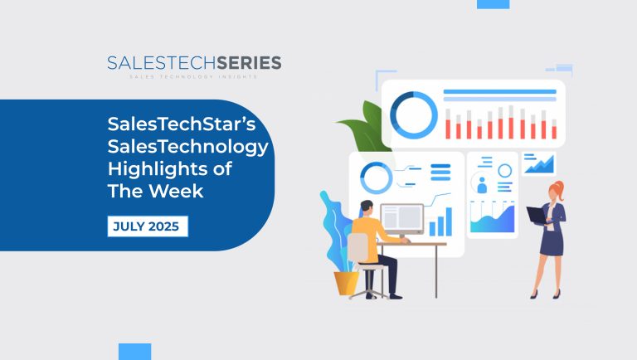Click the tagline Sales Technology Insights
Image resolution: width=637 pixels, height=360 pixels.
pos(194,76)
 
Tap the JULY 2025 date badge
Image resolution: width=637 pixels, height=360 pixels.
pos(148,225)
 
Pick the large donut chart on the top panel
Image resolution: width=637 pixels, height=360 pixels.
pos(413,114)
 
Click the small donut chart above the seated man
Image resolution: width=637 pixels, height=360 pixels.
pos(376,177)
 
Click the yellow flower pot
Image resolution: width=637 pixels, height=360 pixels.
pos(346,282)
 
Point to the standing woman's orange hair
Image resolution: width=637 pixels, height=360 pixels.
pos(558,188)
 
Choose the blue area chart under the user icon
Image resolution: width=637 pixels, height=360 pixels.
pos(492,216)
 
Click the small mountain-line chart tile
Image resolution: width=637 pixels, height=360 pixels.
pos(539,163)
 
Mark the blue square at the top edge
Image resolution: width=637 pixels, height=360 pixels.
pos(494,4)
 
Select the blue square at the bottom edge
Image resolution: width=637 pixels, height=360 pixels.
pos(134,352)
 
